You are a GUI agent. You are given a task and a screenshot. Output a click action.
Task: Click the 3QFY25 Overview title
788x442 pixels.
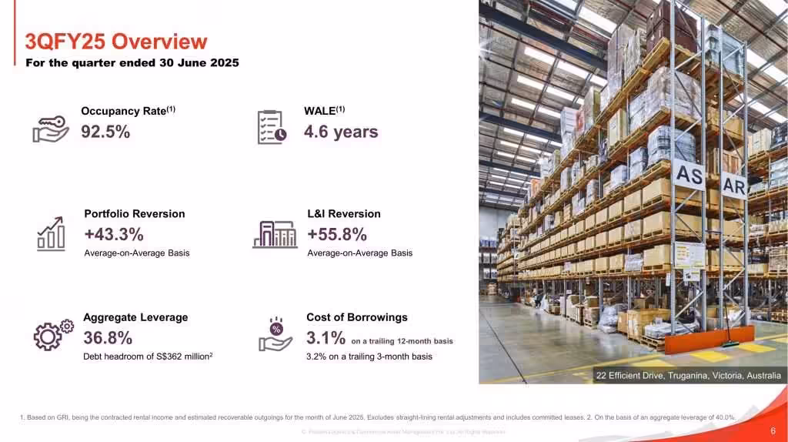coord(116,41)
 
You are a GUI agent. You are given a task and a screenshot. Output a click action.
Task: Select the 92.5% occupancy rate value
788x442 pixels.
coord(105,132)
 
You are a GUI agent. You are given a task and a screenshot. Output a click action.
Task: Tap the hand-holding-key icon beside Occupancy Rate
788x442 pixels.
coord(51,129)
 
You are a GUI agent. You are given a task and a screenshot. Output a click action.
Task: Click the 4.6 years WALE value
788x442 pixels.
coord(341,132)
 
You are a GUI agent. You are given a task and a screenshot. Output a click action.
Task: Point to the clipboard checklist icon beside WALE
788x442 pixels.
coord(272,127)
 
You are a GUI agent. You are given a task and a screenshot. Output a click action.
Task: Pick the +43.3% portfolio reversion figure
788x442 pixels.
coord(114,234)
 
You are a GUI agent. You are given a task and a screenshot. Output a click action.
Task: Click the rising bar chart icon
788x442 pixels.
coord(52,233)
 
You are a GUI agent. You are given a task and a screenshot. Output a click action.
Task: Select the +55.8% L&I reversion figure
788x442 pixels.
coord(337,234)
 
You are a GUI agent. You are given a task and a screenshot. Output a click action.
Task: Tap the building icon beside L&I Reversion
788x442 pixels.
coord(275,233)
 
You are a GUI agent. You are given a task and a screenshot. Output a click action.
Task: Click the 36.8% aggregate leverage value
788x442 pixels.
coord(108,337)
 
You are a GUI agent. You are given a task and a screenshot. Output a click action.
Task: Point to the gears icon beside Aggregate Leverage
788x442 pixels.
coord(53,334)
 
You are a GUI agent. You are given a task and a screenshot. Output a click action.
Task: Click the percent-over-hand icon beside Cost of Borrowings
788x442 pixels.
coord(276,335)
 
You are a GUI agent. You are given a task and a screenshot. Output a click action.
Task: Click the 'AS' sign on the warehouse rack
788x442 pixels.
coord(689,176)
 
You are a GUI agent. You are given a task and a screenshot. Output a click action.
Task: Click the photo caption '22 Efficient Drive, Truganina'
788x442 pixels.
coord(688,376)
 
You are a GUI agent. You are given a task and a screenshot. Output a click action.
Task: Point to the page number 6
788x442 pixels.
coord(773,431)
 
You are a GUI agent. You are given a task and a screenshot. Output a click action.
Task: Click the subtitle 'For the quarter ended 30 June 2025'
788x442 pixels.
coord(132,62)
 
